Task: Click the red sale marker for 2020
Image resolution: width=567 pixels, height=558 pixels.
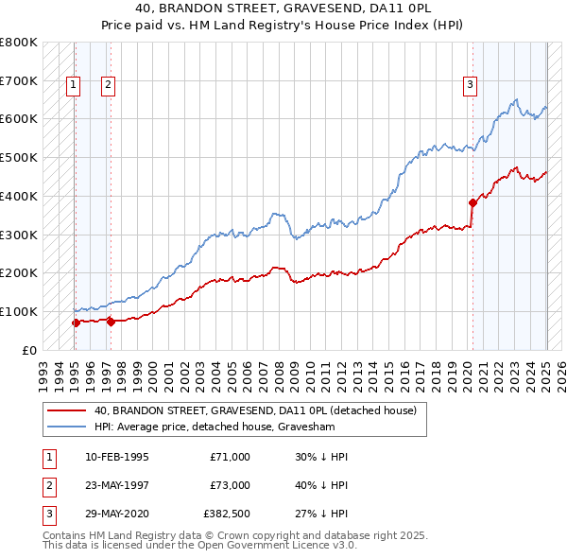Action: pyautogui.click(x=472, y=202)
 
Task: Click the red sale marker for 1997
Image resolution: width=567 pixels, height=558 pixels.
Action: pyautogui.click(x=111, y=322)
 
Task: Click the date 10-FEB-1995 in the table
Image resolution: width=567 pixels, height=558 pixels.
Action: pyautogui.click(x=115, y=457)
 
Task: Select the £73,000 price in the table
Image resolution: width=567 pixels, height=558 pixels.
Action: pyautogui.click(x=230, y=485)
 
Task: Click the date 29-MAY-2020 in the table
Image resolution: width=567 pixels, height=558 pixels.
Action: pyautogui.click(x=116, y=514)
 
